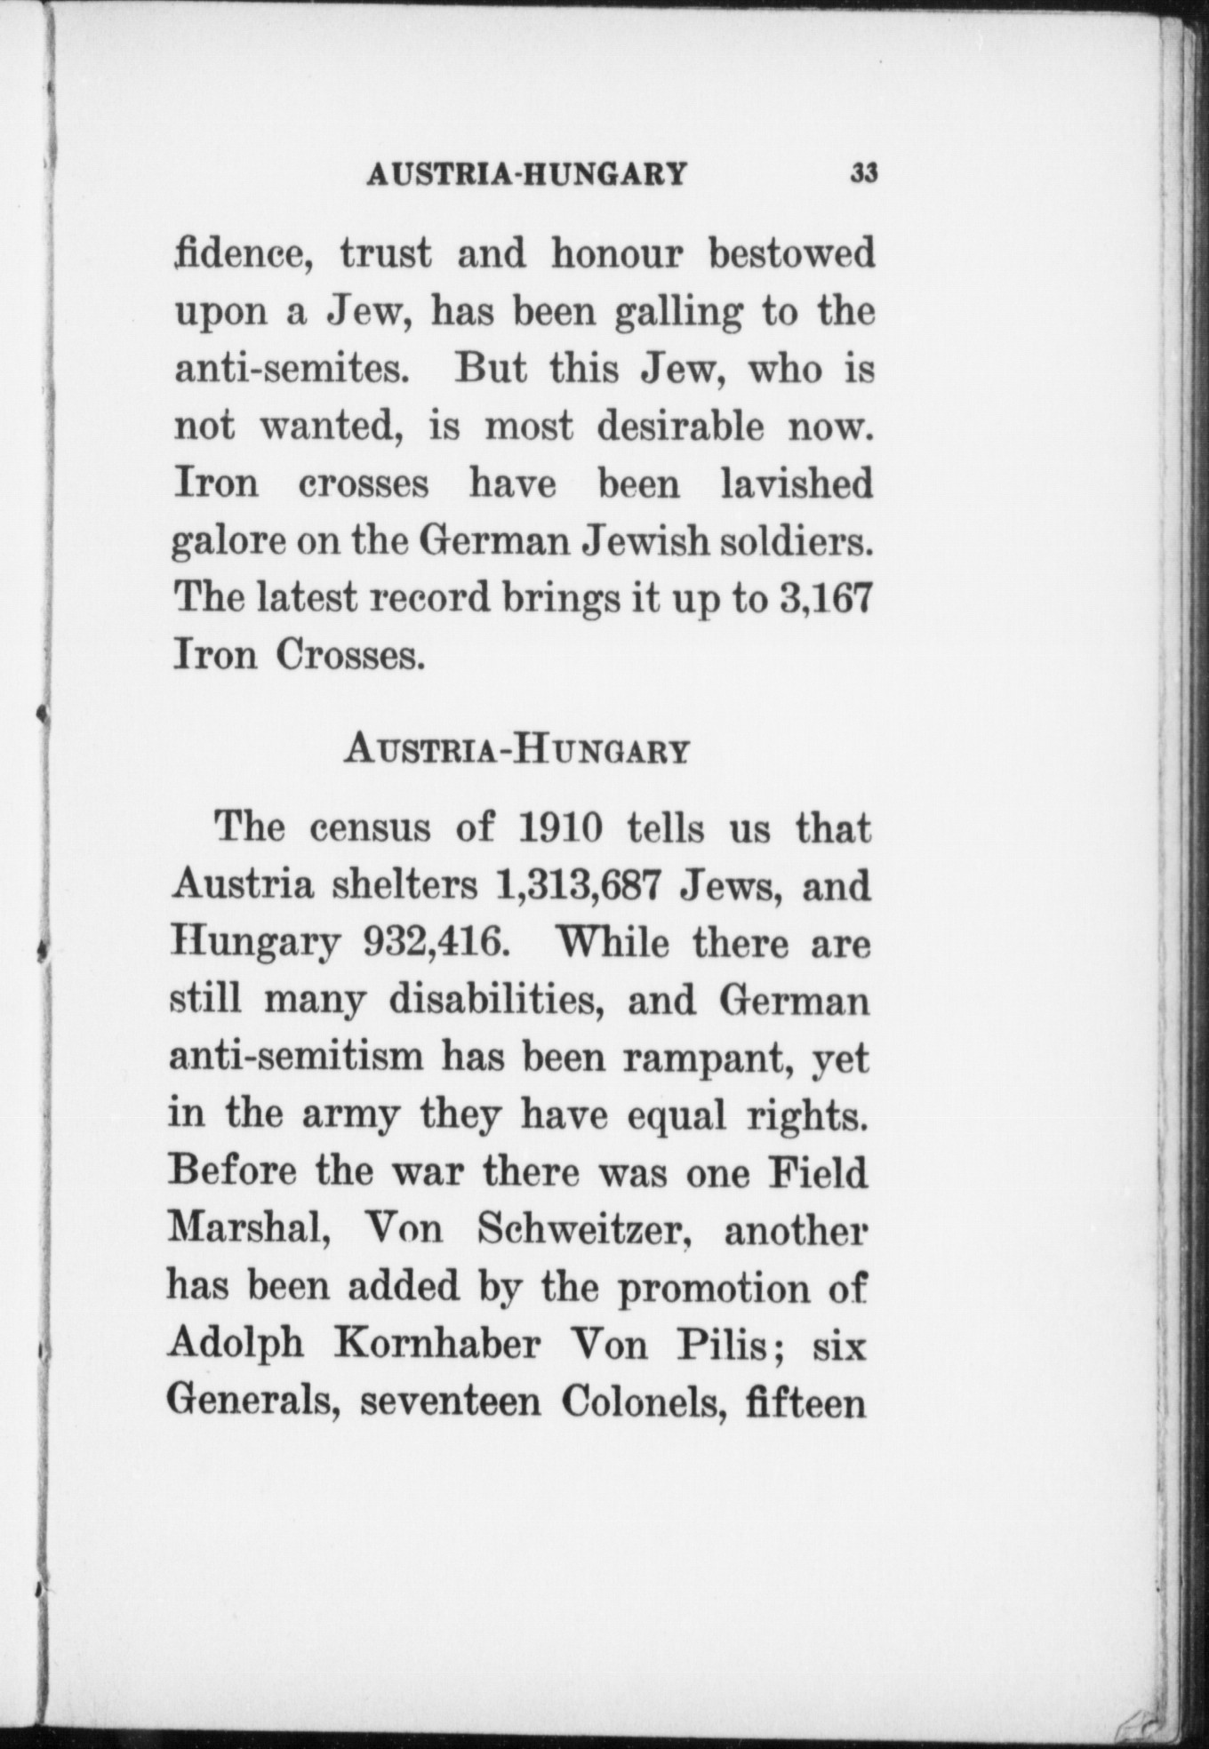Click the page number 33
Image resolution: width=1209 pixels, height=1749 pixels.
[864, 172]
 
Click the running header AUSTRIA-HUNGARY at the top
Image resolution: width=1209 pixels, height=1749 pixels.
[527, 173]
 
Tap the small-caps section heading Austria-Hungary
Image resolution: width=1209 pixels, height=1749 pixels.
[516, 751]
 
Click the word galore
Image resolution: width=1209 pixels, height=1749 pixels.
[228, 541]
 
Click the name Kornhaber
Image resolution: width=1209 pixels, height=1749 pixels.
[436, 1344]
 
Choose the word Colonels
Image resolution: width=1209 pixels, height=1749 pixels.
[639, 1402]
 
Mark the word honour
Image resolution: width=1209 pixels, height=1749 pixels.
[617, 255]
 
